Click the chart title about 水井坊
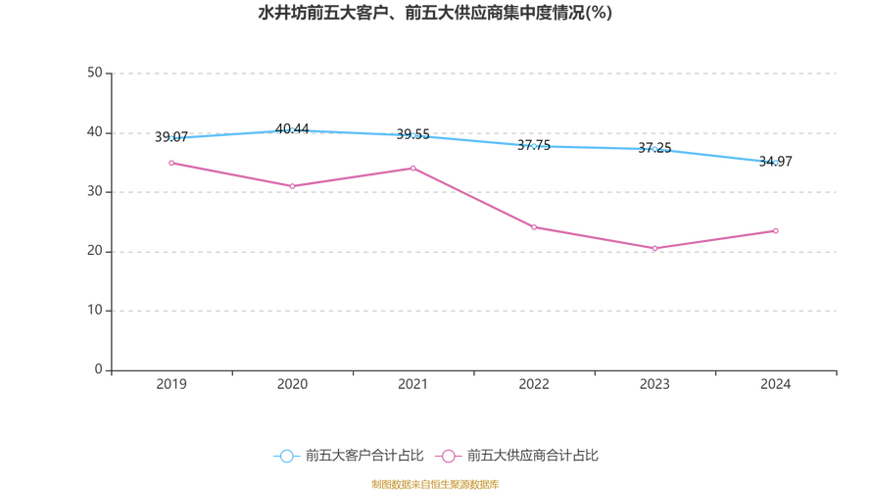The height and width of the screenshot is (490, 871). coord(435,13)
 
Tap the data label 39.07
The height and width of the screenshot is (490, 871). coord(171,138)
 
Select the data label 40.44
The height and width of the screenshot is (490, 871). coord(292,129)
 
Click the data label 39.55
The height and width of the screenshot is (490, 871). coord(413,135)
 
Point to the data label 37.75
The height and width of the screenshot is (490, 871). coord(534,146)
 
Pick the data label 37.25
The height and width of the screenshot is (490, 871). coord(654,149)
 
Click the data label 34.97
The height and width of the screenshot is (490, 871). coord(776,162)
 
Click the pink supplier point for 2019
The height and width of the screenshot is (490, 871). coord(171,163)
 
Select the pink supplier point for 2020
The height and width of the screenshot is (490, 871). coord(292,186)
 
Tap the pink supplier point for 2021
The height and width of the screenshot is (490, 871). coord(413,169)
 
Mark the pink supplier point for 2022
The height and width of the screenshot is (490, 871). coord(534,227)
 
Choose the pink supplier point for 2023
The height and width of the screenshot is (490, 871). coord(654,248)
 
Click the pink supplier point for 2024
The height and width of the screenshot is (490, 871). coord(776,231)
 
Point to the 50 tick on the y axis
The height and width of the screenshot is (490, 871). coord(95,73)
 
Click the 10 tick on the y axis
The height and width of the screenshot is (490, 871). coord(95,311)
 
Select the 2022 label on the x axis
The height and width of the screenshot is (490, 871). coord(534,385)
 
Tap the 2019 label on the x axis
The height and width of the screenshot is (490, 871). coord(171,385)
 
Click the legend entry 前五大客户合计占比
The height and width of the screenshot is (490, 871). coord(349,456)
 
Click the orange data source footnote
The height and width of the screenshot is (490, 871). coord(435,484)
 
